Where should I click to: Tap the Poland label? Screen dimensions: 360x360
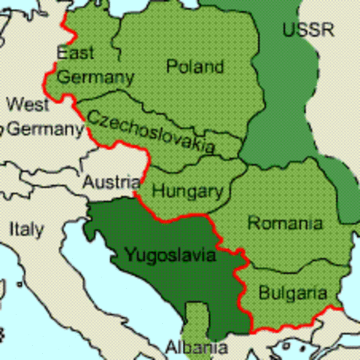(195, 66)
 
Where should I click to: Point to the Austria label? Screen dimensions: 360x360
(111, 182)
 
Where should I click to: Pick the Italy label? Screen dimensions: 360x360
(26, 229)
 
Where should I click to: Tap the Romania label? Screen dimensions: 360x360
(285, 223)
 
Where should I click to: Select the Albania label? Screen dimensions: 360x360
(196, 348)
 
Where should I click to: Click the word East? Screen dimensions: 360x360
(76, 53)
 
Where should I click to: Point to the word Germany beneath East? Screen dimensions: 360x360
(95, 76)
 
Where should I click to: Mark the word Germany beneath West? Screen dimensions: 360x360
(45, 129)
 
